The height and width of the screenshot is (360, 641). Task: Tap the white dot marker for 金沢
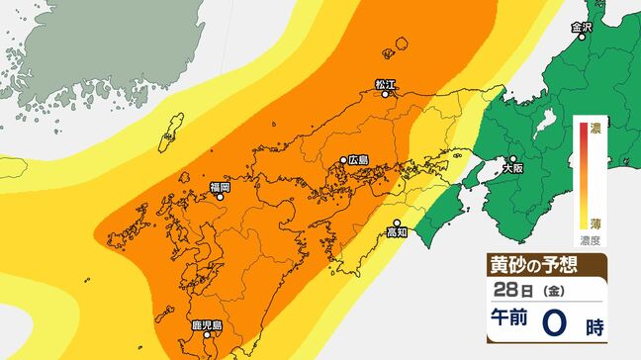tap(585, 43)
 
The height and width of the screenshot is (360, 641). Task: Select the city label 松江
tap(385, 85)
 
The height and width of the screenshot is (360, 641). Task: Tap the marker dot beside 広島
tap(343, 160)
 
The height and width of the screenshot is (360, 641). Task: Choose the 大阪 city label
tap(512, 168)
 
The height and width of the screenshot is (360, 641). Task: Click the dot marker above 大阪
tap(513, 158)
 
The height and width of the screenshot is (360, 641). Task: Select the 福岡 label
tap(220, 186)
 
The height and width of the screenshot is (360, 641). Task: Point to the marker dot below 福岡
tap(221, 197)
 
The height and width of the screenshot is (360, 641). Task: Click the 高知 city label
tap(397, 233)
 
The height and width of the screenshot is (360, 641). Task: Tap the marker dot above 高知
tap(397, 223)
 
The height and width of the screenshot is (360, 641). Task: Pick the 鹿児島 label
tap(205, 324)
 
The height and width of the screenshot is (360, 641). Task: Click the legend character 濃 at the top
tap(595, 128)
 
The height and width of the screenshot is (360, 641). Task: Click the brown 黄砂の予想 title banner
tap(546, 264)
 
